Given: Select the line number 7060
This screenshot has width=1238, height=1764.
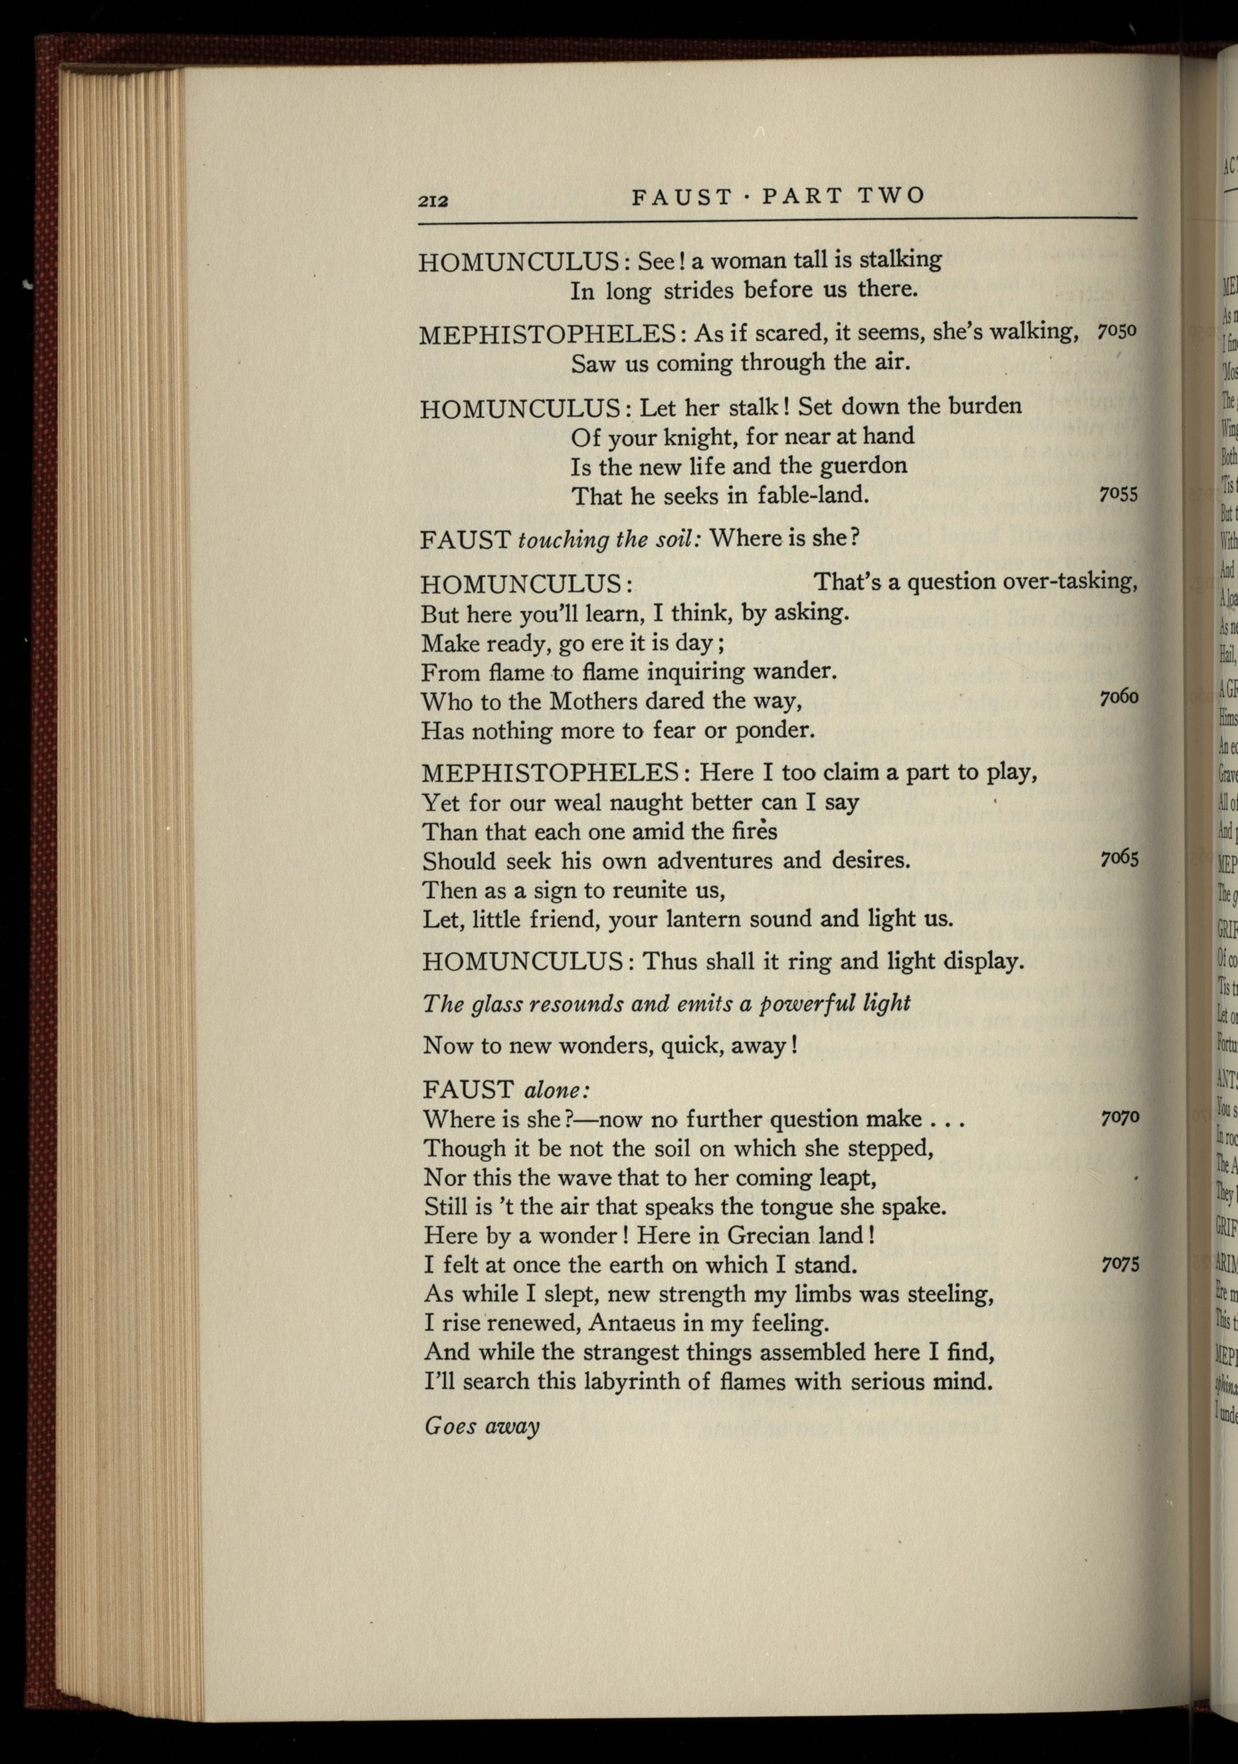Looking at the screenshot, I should (1118, 697).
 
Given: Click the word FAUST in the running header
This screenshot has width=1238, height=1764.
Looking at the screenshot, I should (682, 197).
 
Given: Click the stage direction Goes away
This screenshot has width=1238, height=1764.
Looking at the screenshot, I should (482, 1426).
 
